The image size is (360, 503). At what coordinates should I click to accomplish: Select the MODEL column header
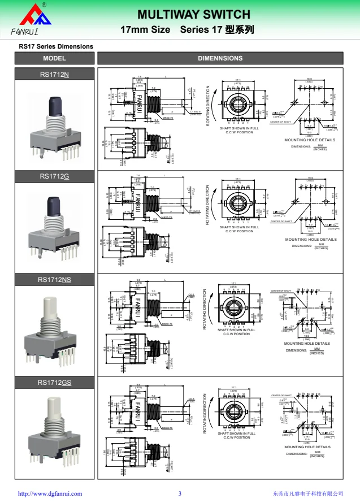tap(54, 58)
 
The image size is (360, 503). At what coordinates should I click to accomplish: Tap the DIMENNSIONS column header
tap(220, 58)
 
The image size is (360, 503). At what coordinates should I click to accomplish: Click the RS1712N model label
tap(55, 74)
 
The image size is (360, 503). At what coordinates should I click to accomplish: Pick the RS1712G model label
tap(55, 177)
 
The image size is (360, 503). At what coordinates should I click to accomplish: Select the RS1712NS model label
tap(55, 280)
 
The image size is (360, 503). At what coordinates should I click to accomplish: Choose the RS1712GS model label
tap(55, 383)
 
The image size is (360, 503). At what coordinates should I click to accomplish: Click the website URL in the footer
tap(50, 493)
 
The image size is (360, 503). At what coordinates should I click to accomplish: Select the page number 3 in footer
tap(180, 493)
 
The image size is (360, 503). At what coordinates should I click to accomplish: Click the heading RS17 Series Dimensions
tap(56, 46)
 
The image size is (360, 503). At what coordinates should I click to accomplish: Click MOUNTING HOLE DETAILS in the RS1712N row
tap(309, 140)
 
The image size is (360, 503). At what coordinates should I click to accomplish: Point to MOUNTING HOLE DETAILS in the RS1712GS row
tap(307, 447)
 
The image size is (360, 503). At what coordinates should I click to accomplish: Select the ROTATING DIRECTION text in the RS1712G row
tap(207, 206)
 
